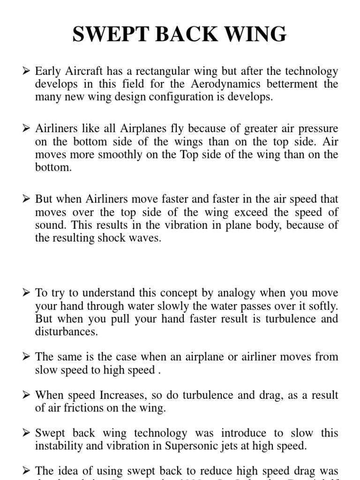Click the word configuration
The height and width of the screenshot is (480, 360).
166,97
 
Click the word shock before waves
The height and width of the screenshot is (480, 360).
112,238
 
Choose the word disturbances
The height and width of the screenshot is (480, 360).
67,332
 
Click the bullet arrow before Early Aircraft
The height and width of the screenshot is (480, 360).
26,72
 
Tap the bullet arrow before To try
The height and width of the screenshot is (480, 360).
26,294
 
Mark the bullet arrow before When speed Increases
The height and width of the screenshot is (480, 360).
26,395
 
